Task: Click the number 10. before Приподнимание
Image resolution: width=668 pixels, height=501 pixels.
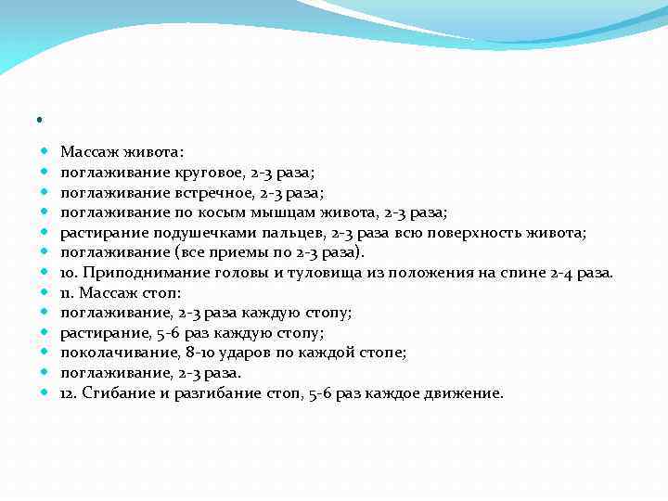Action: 70,273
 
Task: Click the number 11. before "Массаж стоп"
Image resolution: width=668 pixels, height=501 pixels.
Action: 68,293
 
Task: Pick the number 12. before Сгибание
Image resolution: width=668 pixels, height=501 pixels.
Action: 69,393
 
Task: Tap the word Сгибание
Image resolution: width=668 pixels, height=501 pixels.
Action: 114,393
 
